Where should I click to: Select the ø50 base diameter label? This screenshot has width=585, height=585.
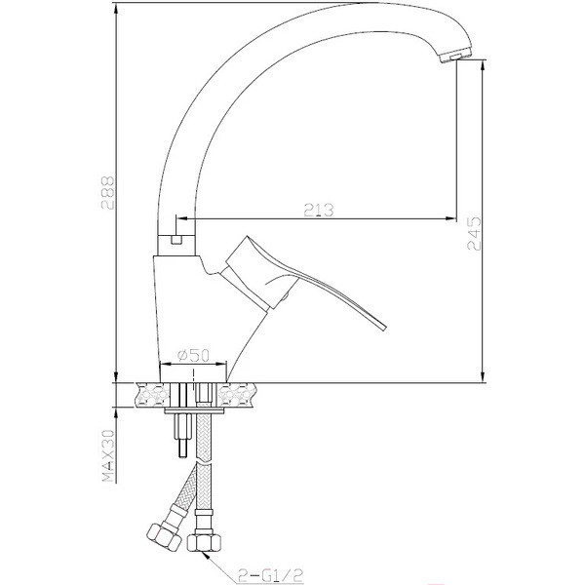pos(194,357)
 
